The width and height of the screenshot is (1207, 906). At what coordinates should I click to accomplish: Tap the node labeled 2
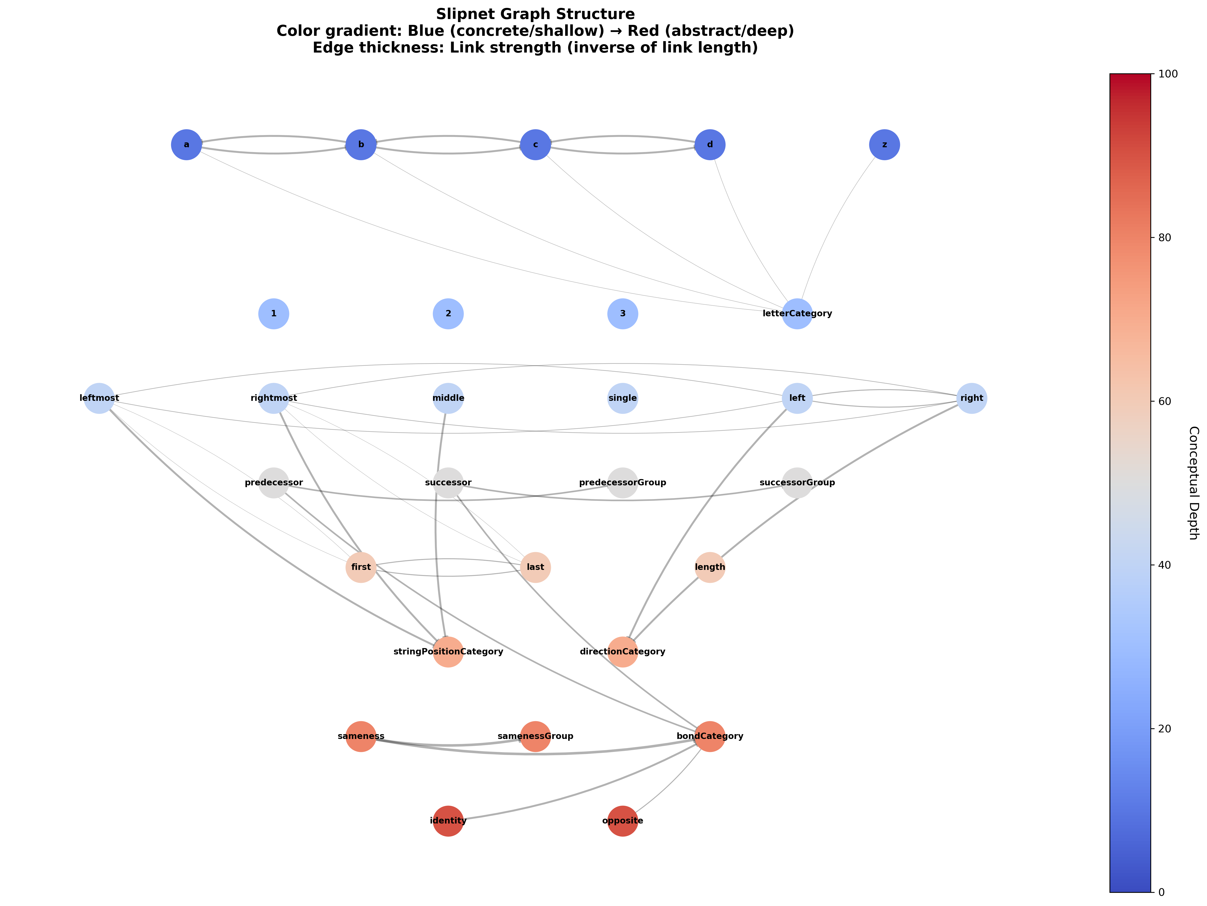click(448, 314)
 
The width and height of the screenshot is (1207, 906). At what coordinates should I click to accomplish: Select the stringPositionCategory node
click(448, 652)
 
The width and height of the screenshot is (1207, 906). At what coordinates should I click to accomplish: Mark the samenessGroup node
click(535, 736)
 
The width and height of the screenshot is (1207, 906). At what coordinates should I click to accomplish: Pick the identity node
click(448, 821)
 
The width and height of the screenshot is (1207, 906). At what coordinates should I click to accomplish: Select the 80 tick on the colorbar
click(1164, 238)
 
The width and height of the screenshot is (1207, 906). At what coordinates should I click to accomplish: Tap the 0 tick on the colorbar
click(1161, 892)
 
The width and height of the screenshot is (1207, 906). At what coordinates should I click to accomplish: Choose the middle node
click(448, 398)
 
